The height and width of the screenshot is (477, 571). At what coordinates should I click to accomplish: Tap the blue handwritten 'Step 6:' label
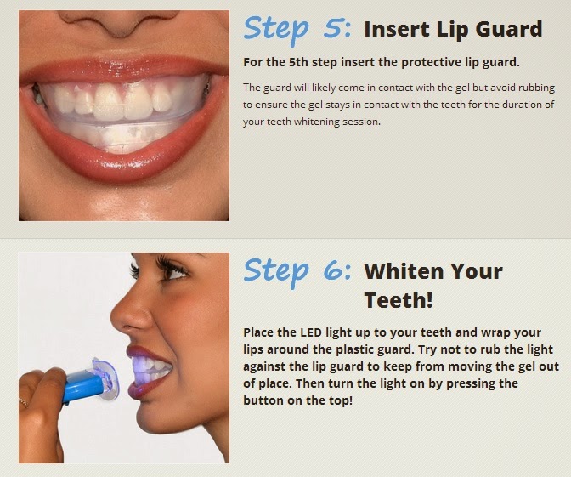tap(297, 272)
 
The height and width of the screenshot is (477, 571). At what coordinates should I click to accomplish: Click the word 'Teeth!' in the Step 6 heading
tap(399, 300)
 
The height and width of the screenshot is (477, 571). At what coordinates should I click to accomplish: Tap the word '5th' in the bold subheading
tap(298, 62)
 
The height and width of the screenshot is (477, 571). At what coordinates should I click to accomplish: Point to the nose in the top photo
tap(118, 23)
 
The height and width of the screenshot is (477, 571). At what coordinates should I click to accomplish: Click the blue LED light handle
tap(84, 385)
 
